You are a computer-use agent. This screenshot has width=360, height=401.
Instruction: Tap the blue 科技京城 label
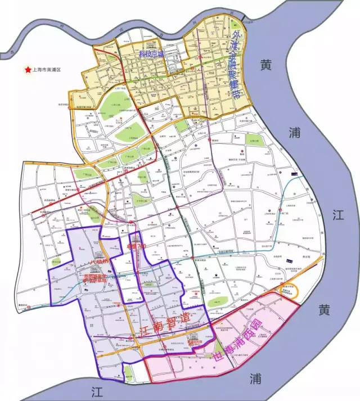150,55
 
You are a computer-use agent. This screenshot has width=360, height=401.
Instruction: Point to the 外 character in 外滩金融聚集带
235,33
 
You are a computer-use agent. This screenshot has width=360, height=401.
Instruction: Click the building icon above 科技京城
150,46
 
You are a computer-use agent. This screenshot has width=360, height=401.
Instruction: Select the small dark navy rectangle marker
289,260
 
